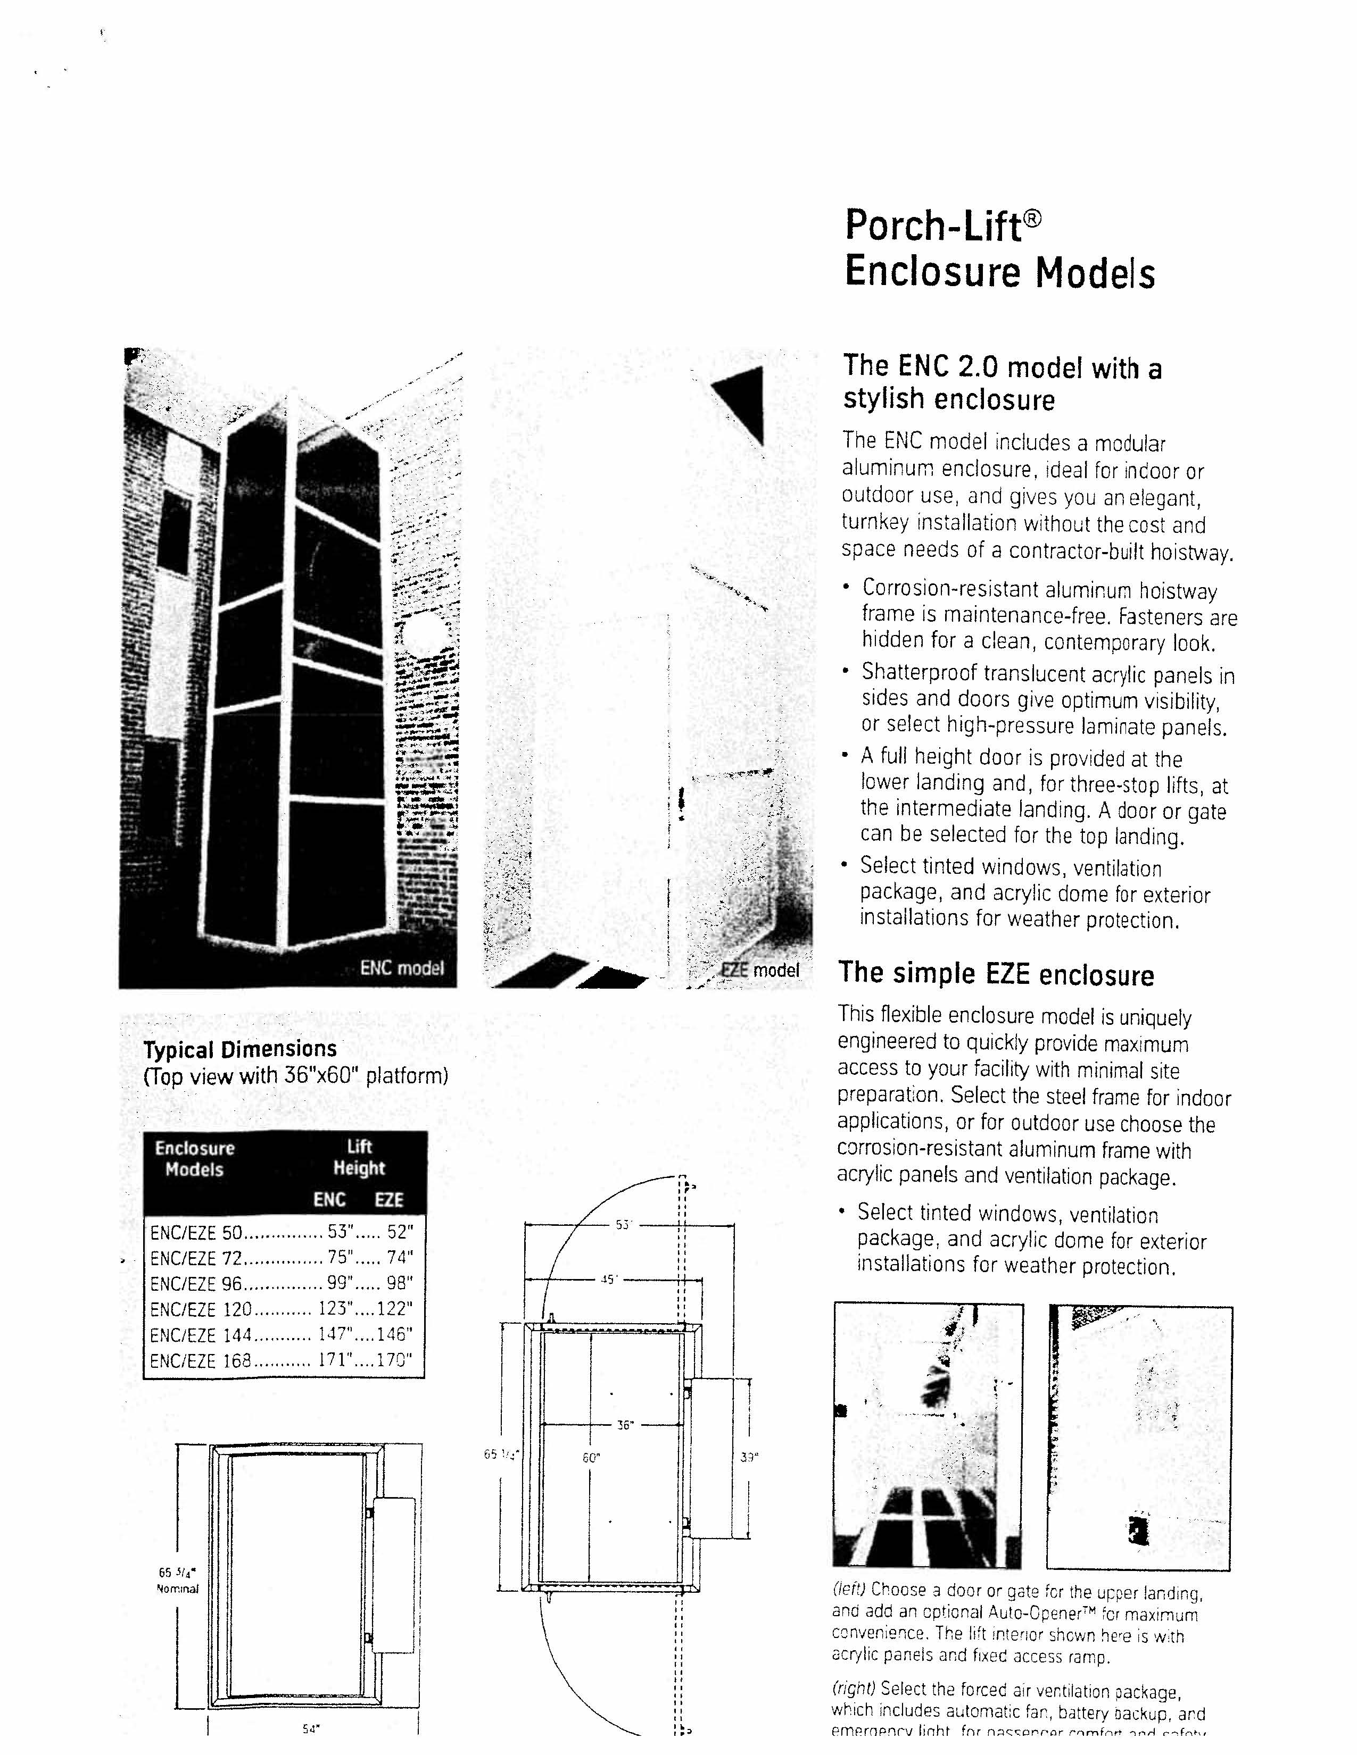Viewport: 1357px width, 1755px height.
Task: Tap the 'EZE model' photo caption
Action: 760,970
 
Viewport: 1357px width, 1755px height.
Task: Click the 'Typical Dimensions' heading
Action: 239,1049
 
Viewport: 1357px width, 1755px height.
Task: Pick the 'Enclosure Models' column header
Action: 195,1158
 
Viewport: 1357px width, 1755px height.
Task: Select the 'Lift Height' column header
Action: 359,1157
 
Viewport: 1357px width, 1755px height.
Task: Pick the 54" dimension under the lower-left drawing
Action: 310,1728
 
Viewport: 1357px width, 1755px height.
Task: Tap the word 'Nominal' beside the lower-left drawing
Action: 177,1588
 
